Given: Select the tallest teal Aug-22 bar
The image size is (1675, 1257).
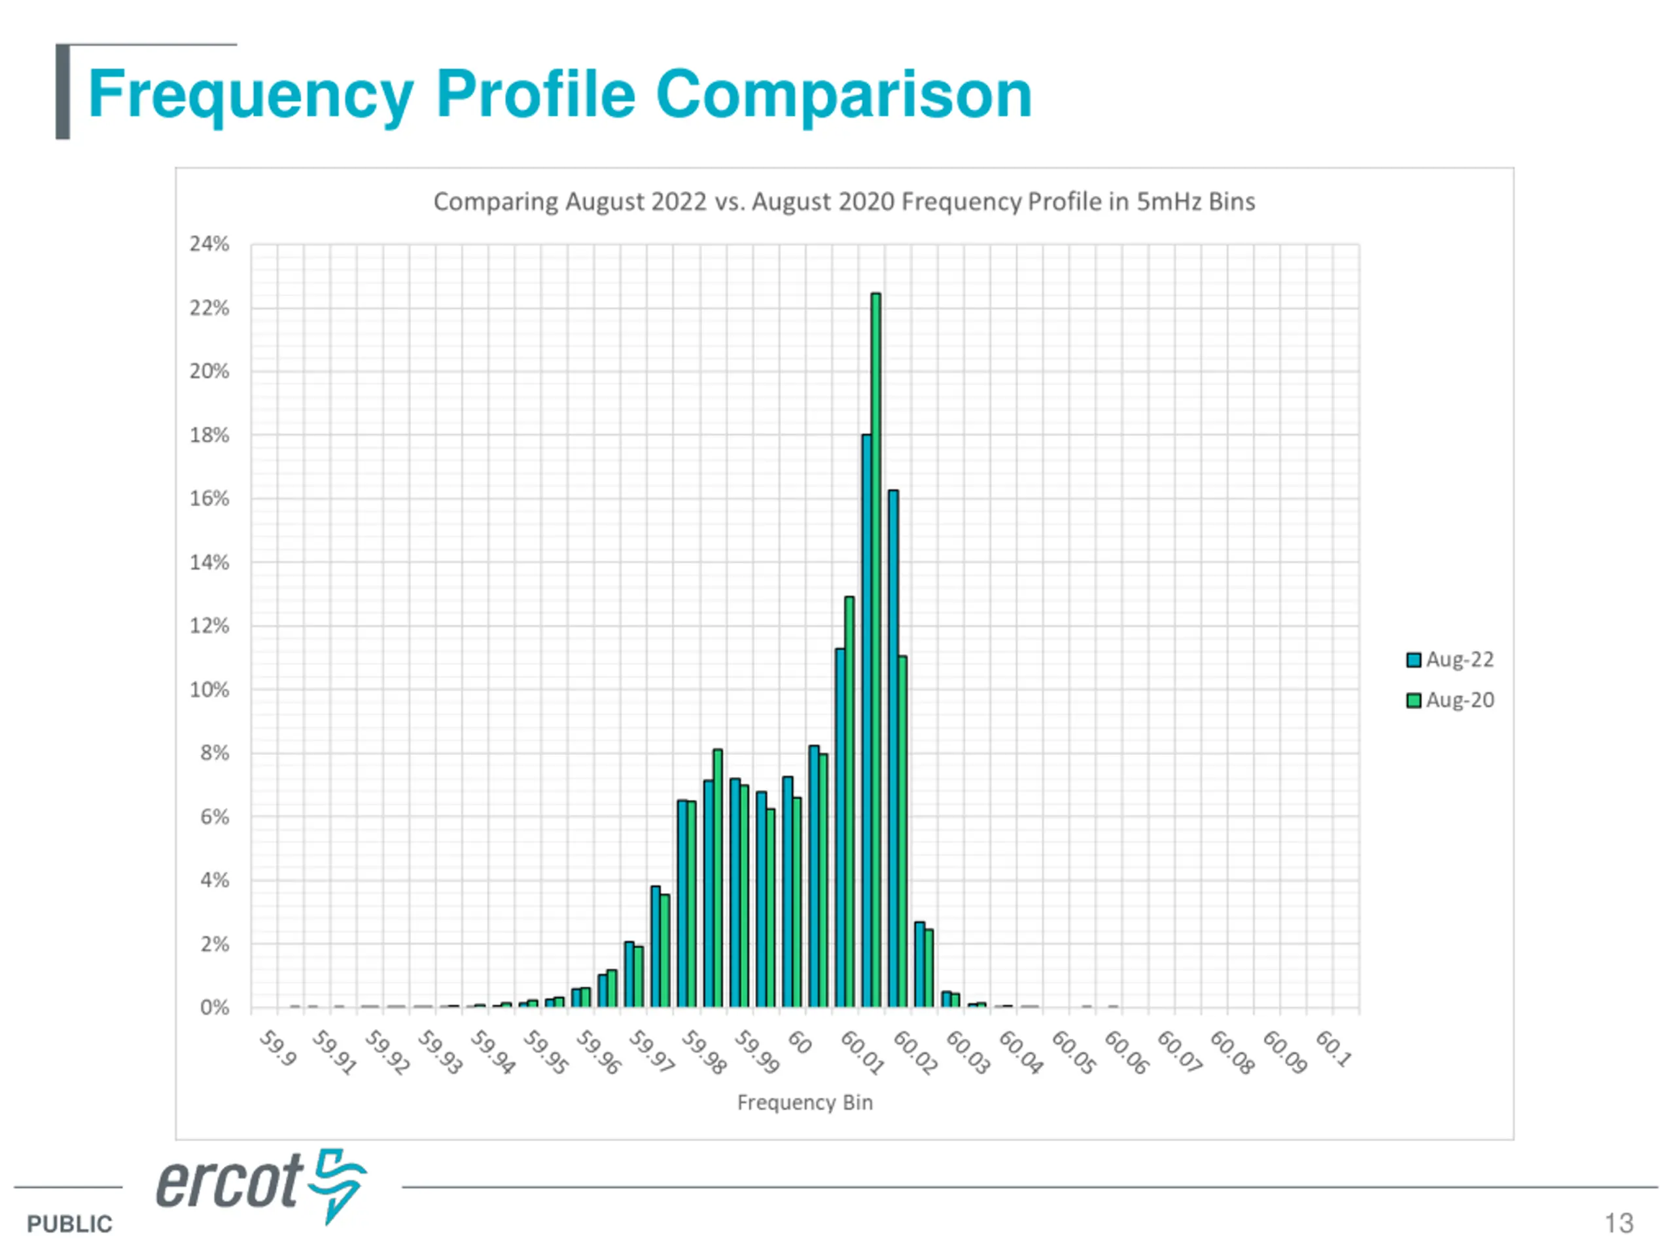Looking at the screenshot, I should point(866,720).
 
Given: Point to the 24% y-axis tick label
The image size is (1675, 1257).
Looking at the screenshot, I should point(209,244).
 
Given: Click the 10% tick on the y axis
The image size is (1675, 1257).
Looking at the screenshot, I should point(209,689).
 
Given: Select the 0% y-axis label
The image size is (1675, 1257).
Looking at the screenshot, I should point(215,1008).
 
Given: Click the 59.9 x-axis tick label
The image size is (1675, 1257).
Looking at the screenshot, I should point(277,1049).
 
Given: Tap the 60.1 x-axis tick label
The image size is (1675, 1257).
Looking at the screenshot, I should point(1333,1049).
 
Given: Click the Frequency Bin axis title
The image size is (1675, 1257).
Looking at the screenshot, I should point(805,1102).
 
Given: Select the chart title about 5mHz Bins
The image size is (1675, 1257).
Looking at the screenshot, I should point(843,202).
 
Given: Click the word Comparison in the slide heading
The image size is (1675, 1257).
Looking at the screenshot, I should point(843,95).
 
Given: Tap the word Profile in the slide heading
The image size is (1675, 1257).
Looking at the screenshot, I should point(535,95).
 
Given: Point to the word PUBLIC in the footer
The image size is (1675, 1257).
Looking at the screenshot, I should point(69,1224).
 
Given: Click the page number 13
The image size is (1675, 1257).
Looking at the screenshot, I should point(1619,1224).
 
